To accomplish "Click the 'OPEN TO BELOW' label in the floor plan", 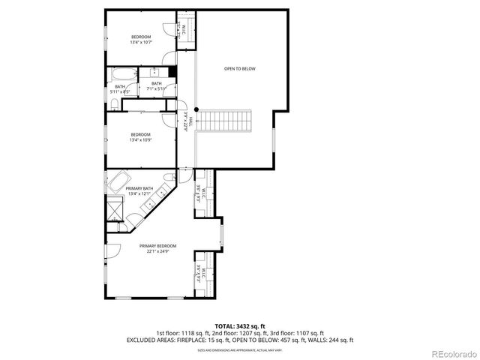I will (239, 68).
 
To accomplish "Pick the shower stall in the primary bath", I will (115, 209).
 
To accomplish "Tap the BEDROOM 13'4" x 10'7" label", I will (141, 39).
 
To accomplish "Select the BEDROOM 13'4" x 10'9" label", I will (140, 136).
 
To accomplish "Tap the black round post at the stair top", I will (196, 109).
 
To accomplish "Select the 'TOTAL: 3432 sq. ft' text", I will (239, 326).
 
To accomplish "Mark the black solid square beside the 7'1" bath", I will (172, 71).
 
